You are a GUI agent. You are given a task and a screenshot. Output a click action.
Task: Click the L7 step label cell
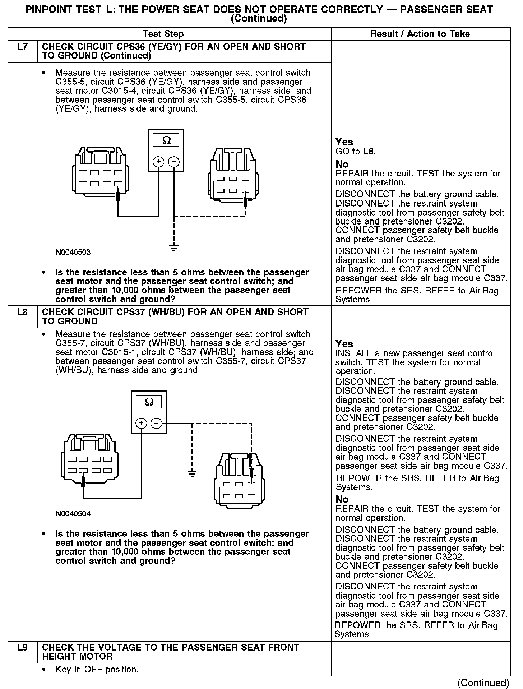(x=22, y=47)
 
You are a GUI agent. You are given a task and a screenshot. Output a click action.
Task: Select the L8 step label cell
(x=22, y=312)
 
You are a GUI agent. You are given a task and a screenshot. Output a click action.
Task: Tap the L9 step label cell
(x=22, y=647)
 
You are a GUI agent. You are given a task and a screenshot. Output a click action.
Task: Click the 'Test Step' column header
(x=163, y=34)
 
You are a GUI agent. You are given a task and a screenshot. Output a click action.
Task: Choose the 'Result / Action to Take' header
(x=420, y=34)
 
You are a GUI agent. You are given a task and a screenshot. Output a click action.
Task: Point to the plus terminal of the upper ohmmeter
(x=158, y=162)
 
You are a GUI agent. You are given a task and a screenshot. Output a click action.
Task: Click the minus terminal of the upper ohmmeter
(x=174, y=162)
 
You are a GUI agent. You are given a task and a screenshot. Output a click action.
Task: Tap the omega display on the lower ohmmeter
(x=149, y=401)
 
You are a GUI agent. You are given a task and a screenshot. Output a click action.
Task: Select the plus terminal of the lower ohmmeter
(x=141, y=424)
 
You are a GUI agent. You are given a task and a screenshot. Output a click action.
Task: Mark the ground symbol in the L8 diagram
(x=193, y=473)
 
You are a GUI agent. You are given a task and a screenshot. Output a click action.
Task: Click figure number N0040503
(x=73, y=252)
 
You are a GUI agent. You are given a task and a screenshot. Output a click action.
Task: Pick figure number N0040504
(x=73, y=514)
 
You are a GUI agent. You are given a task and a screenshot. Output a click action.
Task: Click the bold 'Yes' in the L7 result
(x=344, y=142)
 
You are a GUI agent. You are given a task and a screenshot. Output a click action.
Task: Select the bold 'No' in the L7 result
(x=342, y=165)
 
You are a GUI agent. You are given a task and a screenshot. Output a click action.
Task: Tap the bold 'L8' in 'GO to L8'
(x=369, y=152)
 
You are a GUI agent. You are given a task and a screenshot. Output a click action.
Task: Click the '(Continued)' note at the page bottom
(x=483, y=682)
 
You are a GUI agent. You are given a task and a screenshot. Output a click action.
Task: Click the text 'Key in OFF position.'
(x=97, y=670)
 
